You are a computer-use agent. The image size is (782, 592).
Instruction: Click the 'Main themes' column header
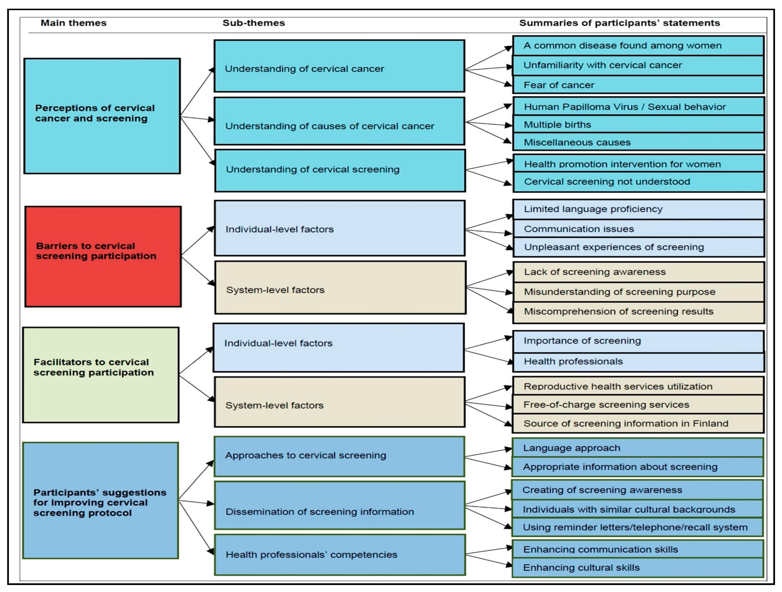73,23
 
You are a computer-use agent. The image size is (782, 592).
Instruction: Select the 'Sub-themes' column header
254,23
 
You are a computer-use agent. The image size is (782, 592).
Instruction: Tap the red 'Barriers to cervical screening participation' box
103,256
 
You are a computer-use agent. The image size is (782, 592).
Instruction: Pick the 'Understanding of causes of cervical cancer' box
339,121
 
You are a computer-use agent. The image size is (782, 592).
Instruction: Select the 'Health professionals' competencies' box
339,554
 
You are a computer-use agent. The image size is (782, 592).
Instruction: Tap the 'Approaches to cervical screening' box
339,456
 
